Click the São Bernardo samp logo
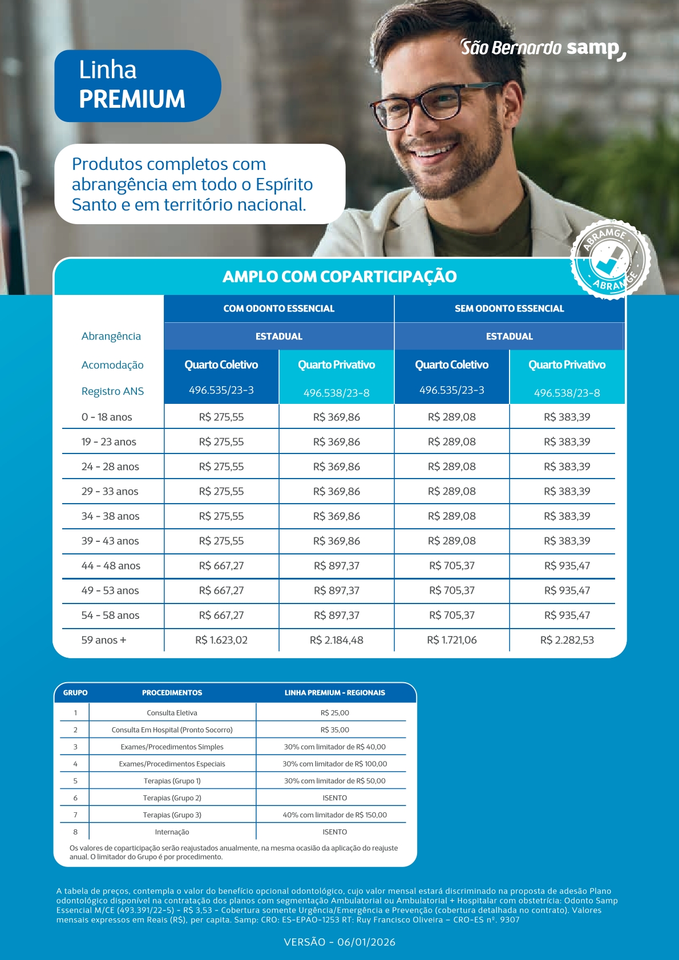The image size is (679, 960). [543, 48]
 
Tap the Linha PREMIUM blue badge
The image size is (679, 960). [137, 86]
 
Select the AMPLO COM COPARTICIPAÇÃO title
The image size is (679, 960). [339, 277]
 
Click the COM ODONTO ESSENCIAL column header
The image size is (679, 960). [278, 309]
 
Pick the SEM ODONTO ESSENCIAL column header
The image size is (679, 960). [509, 309]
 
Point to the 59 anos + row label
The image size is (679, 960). [104, 640]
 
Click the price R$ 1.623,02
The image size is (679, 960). [221, 640]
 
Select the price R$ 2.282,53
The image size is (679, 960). [567, 640]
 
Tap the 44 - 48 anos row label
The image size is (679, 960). [111, 566]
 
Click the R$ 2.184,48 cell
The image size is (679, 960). [337, 640]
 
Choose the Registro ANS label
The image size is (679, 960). [112, 391]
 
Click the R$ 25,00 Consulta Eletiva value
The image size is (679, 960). [335, 713]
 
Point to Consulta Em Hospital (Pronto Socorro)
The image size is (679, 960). [172, 730]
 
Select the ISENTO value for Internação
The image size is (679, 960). [335, 832]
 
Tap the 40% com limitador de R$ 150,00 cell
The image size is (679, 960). [335, 815]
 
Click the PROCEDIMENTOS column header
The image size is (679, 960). [172, 693]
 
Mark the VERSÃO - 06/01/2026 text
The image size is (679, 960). [339, 942]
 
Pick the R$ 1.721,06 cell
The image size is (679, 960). [451, 640]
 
